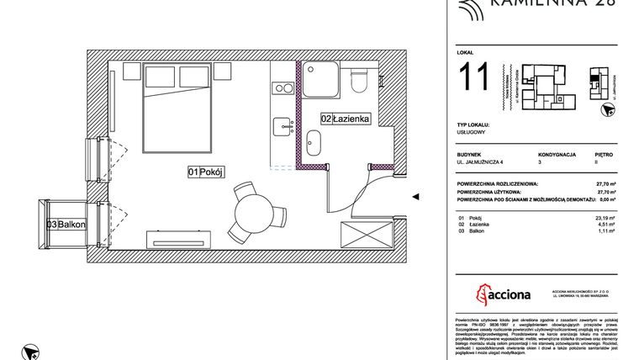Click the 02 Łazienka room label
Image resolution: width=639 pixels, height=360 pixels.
(345, 119)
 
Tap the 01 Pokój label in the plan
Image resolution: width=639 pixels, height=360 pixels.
(203, 172)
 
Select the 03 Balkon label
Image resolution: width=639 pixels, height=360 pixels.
(62, 224)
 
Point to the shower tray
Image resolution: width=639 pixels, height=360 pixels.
(321, 82)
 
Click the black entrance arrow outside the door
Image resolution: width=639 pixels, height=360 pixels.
(415, 196)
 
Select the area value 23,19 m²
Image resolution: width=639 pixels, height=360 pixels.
(603, 218)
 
